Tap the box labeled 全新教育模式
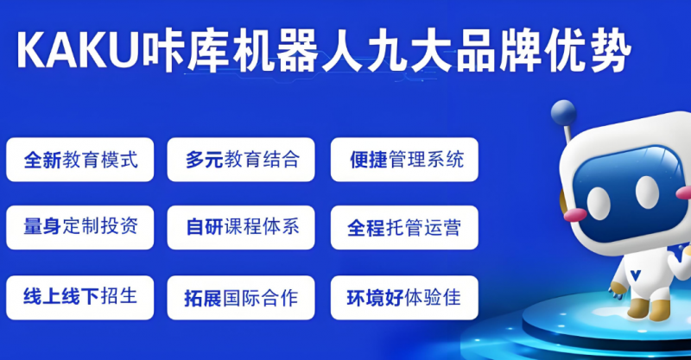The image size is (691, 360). (79, 160)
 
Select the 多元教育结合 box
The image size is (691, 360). (241, 160)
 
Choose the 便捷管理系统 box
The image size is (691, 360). (404, 160)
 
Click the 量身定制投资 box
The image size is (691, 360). (79, 227)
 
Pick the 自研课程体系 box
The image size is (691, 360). (241, 227)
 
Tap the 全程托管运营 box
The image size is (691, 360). (404, 227)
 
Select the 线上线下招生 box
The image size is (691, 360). (79, 298)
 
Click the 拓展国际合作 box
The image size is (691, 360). (241, 298)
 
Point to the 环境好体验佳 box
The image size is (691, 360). (404, 298)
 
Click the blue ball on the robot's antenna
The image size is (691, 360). (563, 113)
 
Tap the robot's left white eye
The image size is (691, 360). (599, 203)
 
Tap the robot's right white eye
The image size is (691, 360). (647, 192)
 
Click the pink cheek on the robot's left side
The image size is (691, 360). (575, 215)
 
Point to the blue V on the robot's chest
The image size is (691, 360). (635, 275)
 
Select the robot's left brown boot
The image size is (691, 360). (637, 308)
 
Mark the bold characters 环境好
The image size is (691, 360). (375, 298)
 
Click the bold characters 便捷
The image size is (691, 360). (369, 160)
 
